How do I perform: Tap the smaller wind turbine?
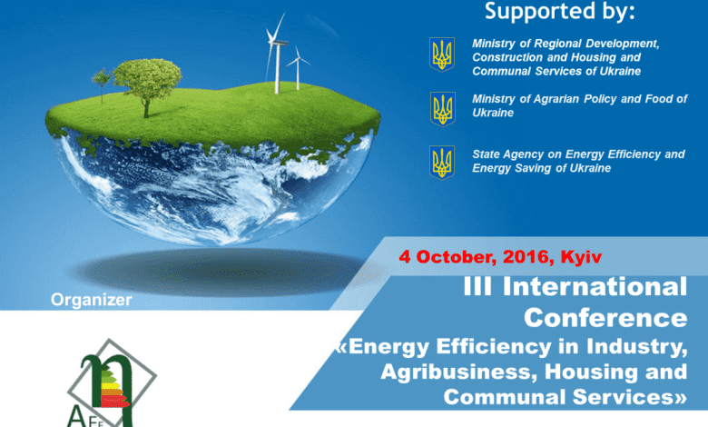(298, 68)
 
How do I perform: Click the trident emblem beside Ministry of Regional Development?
(442, 55)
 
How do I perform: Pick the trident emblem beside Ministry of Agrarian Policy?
(443, 109)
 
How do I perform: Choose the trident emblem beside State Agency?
(442, 163)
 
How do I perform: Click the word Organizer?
(91, 300)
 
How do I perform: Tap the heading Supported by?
(559, 11)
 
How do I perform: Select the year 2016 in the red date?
(526, 256)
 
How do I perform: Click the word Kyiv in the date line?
(581, 257)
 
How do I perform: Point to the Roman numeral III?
(477, 286)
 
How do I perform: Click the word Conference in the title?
(605, 318)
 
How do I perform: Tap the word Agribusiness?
(459, 372)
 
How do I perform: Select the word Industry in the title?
(637, 346)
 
